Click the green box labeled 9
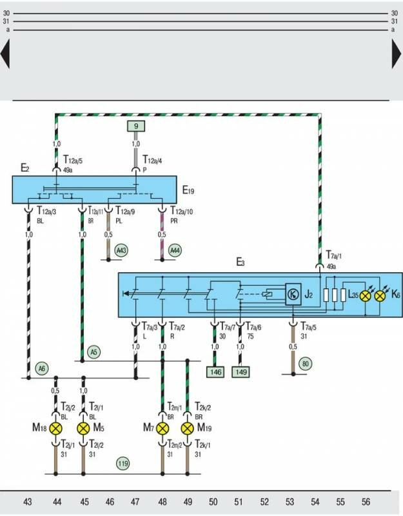[x=136, y=126]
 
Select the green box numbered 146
[x=214, y=372]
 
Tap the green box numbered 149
[x=240, y=372]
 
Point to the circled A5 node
[x=94, y=352]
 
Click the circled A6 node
[x=42, y=369]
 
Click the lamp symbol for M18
[x=56, y=428]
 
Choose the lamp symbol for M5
[x=83, y=428]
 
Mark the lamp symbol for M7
[x=162, y=428]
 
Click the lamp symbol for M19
[x=188, y=428]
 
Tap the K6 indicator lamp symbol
[x=380, y=295]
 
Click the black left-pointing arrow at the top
[x=5, y=54]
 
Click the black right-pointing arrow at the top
[x=397, y=54]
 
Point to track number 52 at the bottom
[x=265, y=501]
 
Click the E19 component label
[x=188, y=190]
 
